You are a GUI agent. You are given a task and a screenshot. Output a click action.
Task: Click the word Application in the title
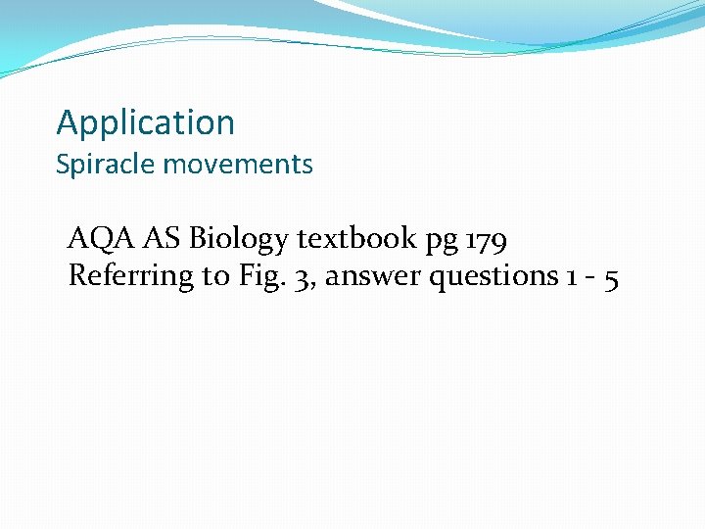click(x=146, y=123)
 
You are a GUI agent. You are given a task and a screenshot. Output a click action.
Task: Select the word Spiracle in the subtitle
click(x=106, y=165)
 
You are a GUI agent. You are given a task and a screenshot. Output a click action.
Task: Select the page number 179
click(x=484, y=239)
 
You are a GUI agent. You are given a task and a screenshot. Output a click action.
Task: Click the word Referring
click(x=131, y=277)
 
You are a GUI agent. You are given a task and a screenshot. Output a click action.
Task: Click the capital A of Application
click(x=67, y=122)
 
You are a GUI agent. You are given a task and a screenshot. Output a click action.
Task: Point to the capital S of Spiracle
click(x=63, y=164)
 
